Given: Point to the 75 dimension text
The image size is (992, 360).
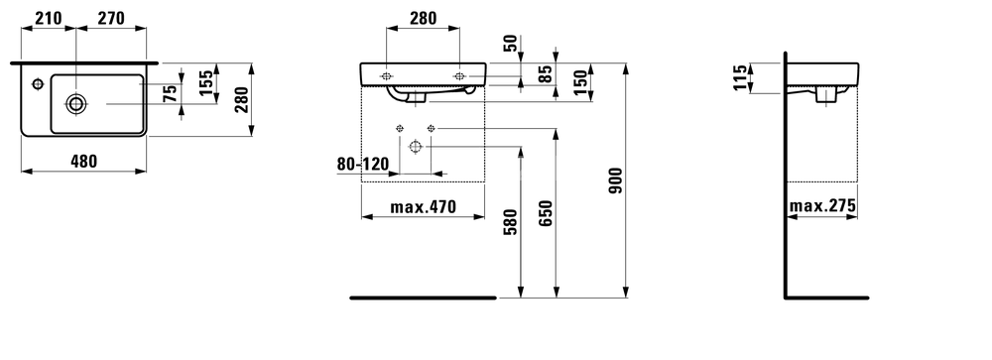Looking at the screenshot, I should click(170, 94).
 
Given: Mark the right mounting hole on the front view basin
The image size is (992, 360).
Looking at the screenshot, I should click(458, 75).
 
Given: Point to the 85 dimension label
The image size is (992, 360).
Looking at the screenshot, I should click(545, 73).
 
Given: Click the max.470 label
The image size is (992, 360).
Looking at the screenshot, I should click(422, 207).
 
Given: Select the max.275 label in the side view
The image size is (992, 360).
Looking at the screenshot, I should click(823, 207).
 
